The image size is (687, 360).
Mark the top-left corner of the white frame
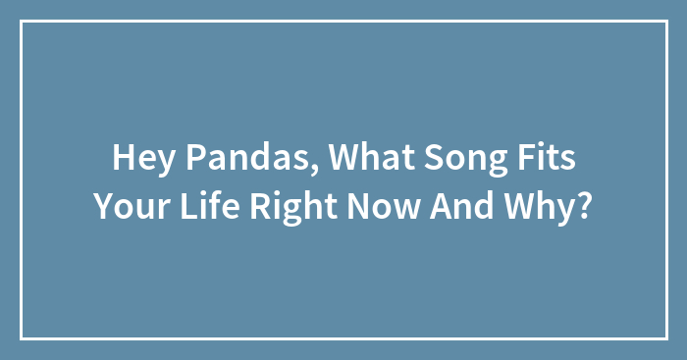pyautogui.click(x=22, y=22)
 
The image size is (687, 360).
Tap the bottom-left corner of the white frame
pyautogui.click(x=22, y=338)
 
